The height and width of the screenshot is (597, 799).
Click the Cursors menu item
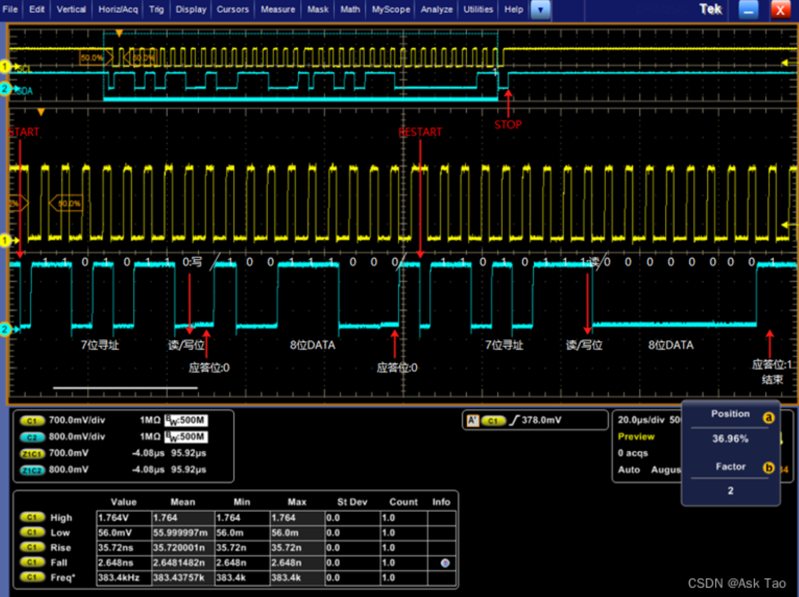pyautogui.click(x=233, y=9)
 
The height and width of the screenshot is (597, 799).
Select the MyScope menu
pyautogui.click(x=391, y=9)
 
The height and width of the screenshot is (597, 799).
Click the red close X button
pyautogui.click(x=780, y=9)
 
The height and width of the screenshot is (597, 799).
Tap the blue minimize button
pyautogui.click(x=748, y=9)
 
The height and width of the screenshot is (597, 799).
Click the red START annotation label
pyautogui.click(x=24, y=132)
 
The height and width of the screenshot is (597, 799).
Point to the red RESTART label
pyautogui.click(x=420, y=132)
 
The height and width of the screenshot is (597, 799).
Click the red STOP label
pyautogui.click(x=508, y=125)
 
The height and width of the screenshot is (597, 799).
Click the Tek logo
pyautogui.click(x=711, y=9)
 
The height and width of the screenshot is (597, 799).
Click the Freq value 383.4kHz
pyautogui.click(x=119, y=578)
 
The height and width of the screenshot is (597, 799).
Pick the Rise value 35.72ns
pyautogui.click(x=116, y=547)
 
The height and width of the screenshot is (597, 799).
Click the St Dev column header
pyautogui.click(x=352, y=502)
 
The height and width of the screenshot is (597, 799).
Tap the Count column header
pyautogui.click(x=403, y=502)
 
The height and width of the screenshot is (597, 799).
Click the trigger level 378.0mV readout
pyautogui.click(x=541, y=420)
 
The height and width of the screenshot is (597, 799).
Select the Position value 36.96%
pyautogui.click(x=730, y=438)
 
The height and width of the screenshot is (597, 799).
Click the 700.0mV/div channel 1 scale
pyautogui.click(x=77, y=420)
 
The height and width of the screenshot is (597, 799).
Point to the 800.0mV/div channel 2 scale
pyautogui.click(x=77, y=437)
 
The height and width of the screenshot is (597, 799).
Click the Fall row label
pyautogui.click(x=58, y=563)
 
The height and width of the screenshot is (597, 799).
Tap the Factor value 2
pyautogui.click(x=730, y=490)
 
